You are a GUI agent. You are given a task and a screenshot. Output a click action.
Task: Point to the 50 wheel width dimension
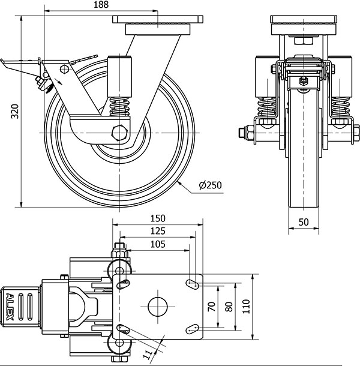coord(304,222)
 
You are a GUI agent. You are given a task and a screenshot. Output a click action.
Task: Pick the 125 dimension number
coord(158,231)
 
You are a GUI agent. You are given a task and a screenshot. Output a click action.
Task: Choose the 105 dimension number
coord(158,244)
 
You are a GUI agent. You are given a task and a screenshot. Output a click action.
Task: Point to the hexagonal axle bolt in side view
coord(121,133)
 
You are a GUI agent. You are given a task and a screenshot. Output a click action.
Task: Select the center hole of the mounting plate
coord(159,305)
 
